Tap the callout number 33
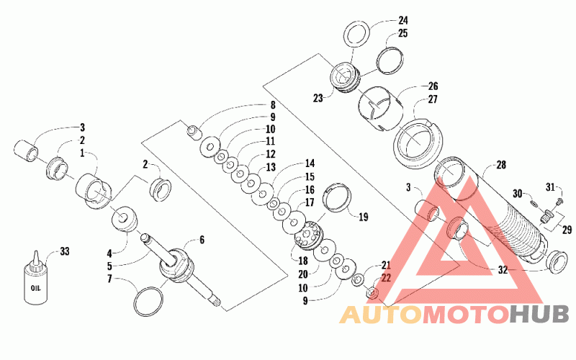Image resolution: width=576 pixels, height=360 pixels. pos(65,251)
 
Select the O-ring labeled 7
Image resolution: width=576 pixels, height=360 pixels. pos(148,301)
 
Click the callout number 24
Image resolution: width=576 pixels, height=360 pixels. pos(403,20)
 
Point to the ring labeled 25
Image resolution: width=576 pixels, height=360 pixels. pos(390,60)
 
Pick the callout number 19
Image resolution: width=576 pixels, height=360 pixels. pos(363,217)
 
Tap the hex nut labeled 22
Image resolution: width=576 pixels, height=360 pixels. pos(373,292)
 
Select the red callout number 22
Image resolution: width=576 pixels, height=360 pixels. pos(386,278)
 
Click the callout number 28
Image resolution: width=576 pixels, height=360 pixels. pos(501,165)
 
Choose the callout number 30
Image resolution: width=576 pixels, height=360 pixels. pos(517,193)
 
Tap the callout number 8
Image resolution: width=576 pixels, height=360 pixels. pos(273,105)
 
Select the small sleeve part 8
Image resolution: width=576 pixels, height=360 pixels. pos(194,132)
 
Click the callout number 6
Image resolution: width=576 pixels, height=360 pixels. pos(202,240)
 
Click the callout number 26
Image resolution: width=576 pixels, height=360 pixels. pos(433,86)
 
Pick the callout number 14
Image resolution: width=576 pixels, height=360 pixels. pos(310,163)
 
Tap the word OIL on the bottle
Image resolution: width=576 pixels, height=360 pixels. pos(36,287)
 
